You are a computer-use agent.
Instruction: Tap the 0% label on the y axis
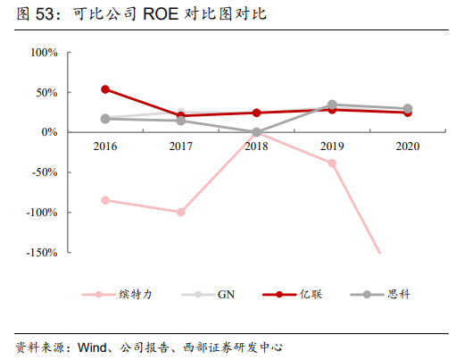coord(49,132)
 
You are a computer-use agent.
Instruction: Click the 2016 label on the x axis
coord(104,147)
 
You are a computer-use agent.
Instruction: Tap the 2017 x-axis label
coord(180,147)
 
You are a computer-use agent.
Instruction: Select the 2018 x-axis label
coord(256,147)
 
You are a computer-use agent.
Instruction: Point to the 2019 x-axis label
coord(332,147)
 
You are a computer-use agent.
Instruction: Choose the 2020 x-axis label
coord(408,147)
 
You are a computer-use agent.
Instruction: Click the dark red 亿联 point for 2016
coord(105,89)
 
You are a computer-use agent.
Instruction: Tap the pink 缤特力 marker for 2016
coord(105,200)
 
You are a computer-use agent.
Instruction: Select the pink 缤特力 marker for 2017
coord(181,213)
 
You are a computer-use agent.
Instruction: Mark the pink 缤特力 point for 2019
coord(332,163)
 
